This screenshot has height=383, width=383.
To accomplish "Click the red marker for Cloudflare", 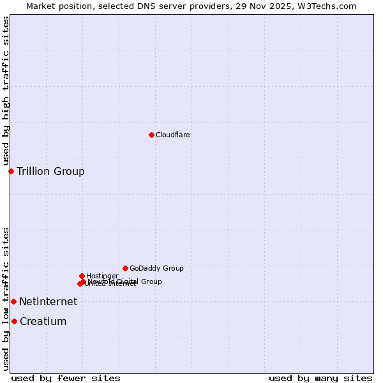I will [x=151, y=135].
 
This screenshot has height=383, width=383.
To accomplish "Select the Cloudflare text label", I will [x=173, y=135].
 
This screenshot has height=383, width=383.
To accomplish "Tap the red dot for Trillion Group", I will [x=11, y=171].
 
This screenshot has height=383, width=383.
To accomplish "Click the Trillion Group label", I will [x=50, y=171].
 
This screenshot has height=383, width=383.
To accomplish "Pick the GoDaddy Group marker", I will [x=125, y=268].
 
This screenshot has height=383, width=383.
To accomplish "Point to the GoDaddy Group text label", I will [x=156, y=268].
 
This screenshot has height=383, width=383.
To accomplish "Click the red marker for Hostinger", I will [x=82, y=276].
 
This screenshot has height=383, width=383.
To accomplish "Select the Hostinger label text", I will [x=102, y=276].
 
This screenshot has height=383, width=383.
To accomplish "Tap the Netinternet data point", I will [x=13, y=301].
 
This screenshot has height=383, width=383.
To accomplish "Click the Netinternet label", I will [x=48, y=301].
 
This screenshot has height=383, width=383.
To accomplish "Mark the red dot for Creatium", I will [x=14, y=321].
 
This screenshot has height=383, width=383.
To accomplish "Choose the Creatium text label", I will [x=43, y=321].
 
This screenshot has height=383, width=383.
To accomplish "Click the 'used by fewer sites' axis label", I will [x=66, y=378].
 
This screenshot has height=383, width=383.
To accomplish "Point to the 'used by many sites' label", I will [x=320, y=378].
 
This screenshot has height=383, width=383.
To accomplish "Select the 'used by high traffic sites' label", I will [x=6, y=91].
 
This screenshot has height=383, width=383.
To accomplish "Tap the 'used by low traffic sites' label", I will [x=6, y=298].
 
